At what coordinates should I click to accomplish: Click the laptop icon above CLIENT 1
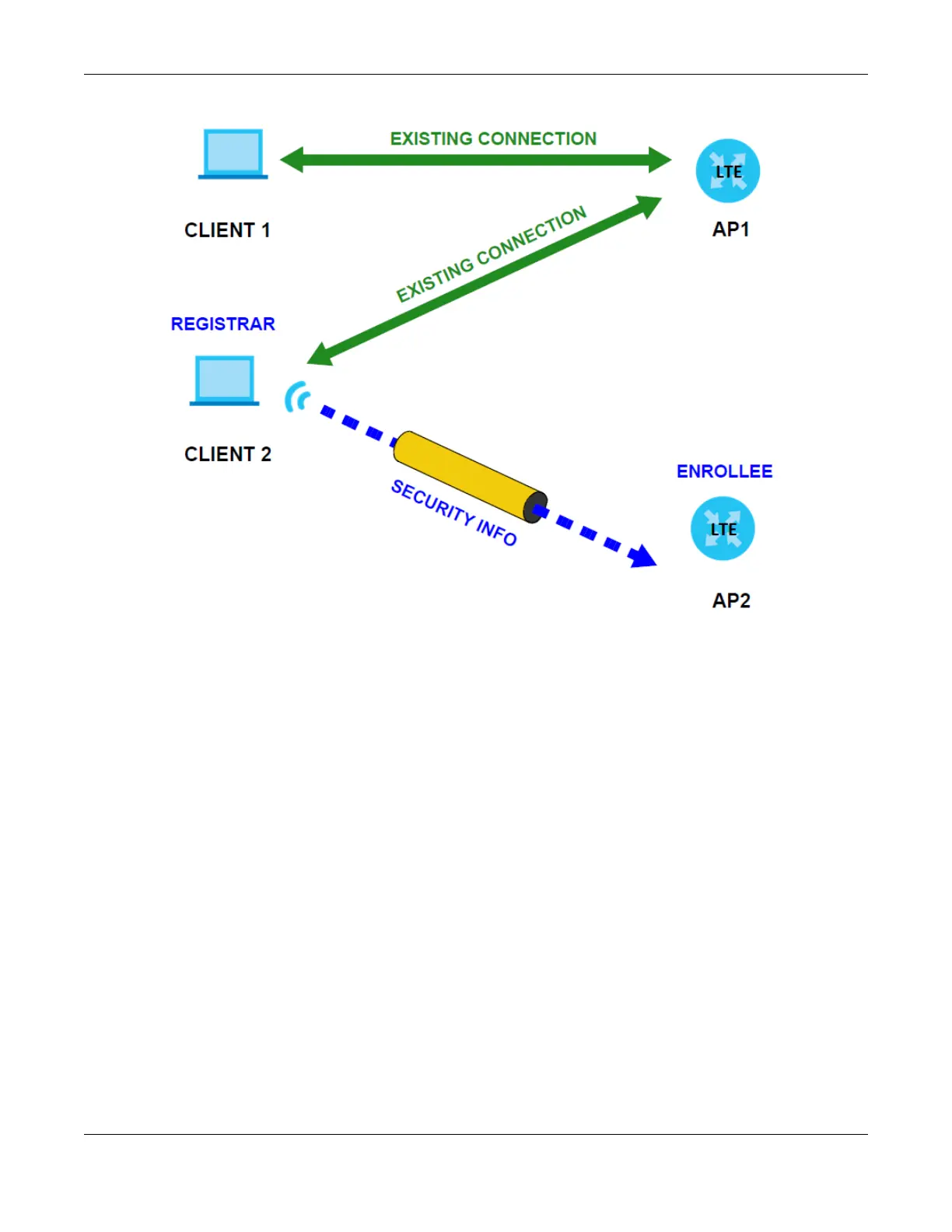(x=233, y=154)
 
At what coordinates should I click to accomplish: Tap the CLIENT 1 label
(x=227, y=230)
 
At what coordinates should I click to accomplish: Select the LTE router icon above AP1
(x=727, y=171)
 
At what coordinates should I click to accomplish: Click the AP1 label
(x=730, y=229)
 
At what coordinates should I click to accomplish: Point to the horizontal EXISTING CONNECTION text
(x=493, y=139)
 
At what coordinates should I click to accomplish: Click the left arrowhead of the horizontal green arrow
(x=292, y=160)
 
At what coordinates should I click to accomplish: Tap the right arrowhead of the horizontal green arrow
(x=660, y=160)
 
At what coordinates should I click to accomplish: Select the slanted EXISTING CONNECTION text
(x=491, y=254)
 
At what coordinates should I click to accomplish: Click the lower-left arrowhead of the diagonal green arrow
(x=319, y=355)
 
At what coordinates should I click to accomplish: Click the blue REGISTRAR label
(x=223, y=324)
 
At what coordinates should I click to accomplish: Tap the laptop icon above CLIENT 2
(x=224, y=380)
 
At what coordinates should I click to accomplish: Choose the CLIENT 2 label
(x=228, y=454)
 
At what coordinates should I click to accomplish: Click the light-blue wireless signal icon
(x=297, y=397)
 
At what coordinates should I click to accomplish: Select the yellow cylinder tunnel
(x=469, y=475)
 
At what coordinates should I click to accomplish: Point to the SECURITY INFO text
(x=453, y=513)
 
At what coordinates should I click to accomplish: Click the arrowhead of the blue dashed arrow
(x=643, y=556)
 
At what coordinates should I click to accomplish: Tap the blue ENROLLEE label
(x=724, y=471)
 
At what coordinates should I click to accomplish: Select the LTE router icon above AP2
(x=723, y=529)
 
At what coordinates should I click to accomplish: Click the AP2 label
(x=731, y=600)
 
